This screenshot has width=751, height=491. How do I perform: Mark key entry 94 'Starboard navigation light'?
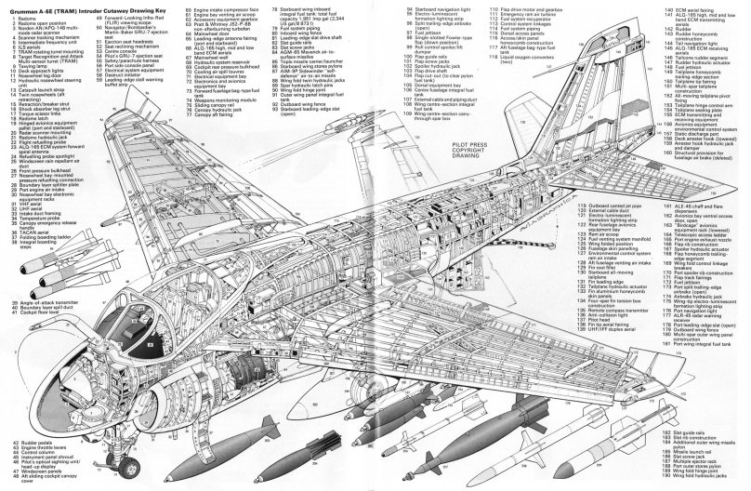tap(432, 8)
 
